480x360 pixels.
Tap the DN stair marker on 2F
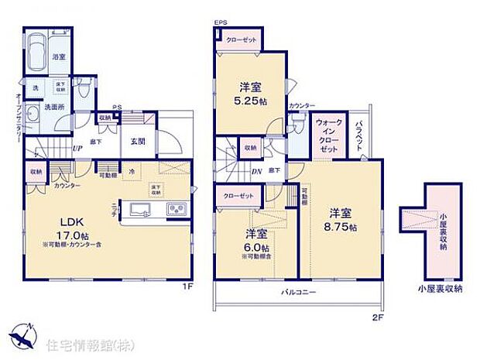coord(256,171)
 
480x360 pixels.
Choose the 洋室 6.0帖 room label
coord(258,239)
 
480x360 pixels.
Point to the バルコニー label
coord(297,292)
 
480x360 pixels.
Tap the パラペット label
coord(361,137)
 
